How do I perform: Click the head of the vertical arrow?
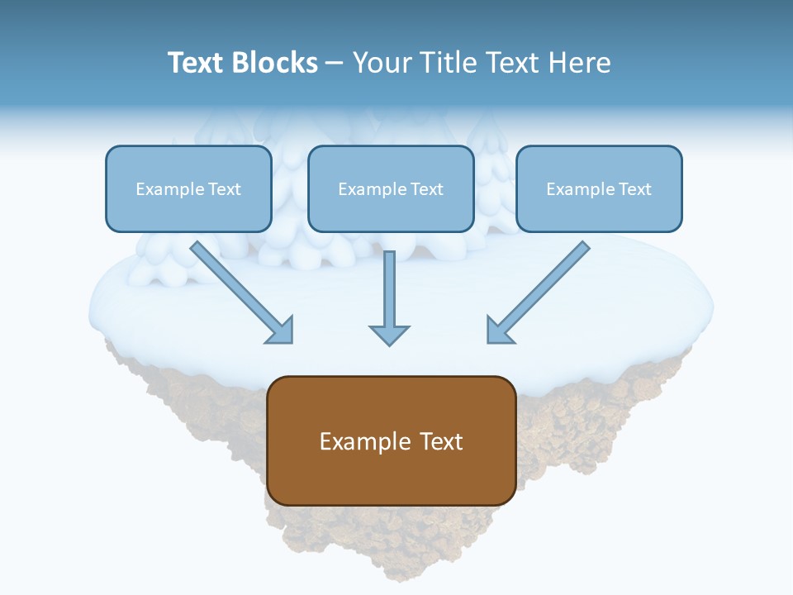[x=389, y=334]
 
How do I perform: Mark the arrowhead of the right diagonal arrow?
[x=498, y=331]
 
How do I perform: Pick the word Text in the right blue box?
[x=634, y=189]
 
